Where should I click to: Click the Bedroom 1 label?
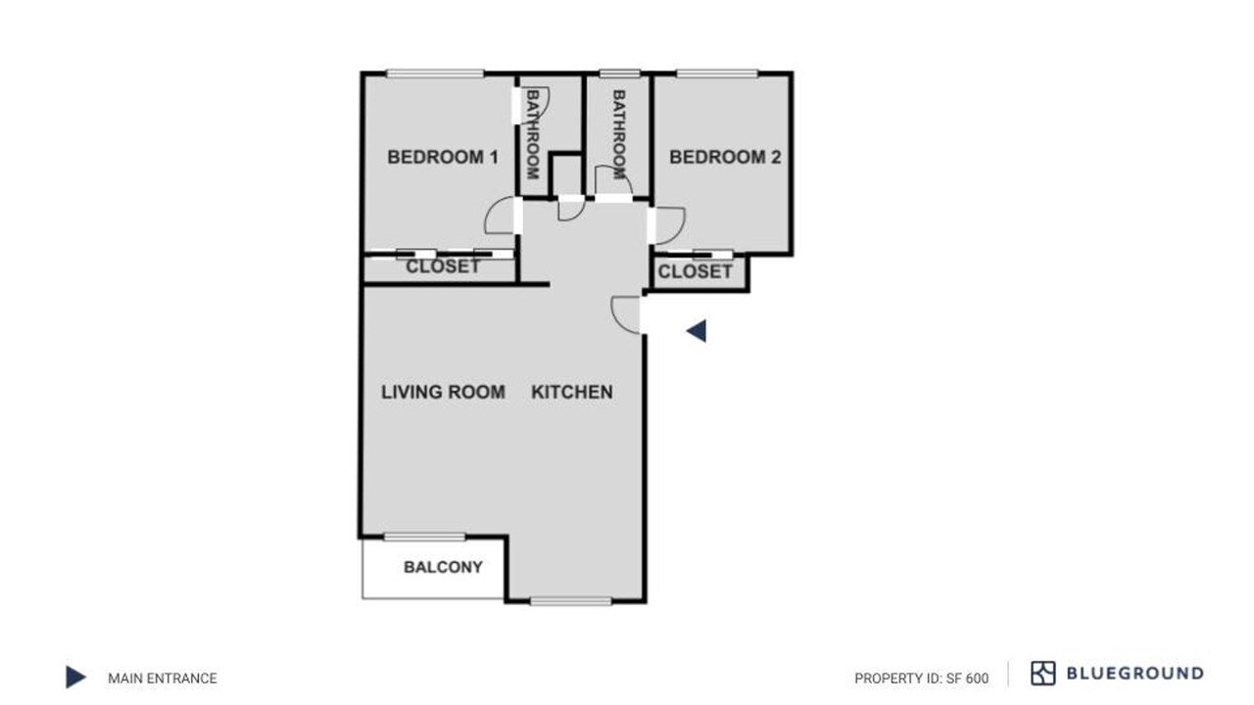coord(443,158)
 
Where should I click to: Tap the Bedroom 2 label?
coord(725,158)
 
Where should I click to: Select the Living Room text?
coord(443,393)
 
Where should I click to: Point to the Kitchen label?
coord(571,393)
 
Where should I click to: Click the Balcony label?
coord(443,567)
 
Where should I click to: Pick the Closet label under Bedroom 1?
coord(443,266)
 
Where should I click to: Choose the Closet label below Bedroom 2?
coord(695,272)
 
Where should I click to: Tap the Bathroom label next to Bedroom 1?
coord(532,134)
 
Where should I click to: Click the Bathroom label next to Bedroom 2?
coord(618,134)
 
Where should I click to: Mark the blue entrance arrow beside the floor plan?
coord(697,331)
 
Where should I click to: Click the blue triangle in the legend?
coord(75,677)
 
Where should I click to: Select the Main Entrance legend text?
coord(163,679)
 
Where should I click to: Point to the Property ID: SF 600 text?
coord(922,679)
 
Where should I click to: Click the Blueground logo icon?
coord(1043,673)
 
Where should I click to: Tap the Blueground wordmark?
coord(1135,673)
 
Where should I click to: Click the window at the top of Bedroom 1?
coord(435,73)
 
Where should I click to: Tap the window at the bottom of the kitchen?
coord(571,601)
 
